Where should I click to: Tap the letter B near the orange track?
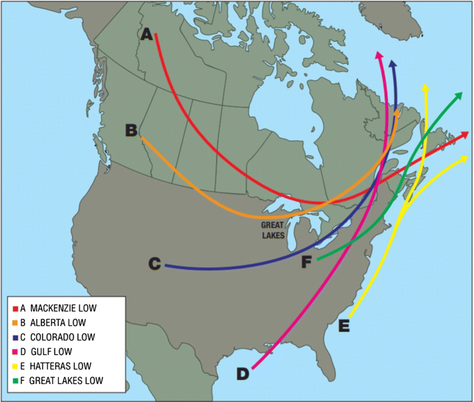tap(132, 130)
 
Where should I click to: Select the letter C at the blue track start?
tap(155, 264)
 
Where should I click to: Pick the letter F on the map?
tap(308, 262)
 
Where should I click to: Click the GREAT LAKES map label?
tap(273, 230)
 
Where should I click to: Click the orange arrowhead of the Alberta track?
tap(396, 113)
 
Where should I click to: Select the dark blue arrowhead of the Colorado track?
tap(393, 65)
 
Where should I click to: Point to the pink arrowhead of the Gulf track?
tap(379, 55)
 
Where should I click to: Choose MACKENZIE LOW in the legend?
tap(63, 307)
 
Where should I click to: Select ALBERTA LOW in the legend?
tap(58, 322)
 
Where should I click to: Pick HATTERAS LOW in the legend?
tap(60, 366)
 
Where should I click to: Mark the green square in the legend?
tap(15, 381)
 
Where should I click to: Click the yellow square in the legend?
tap(15, 367)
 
